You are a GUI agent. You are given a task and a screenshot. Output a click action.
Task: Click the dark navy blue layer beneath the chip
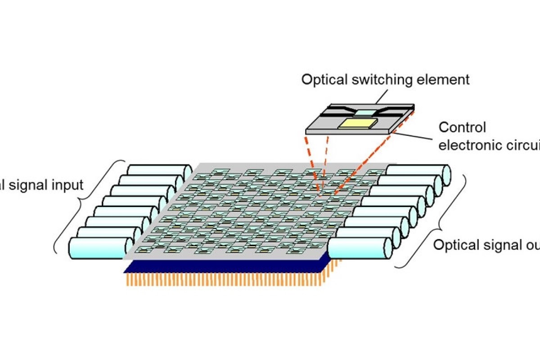(225, 266)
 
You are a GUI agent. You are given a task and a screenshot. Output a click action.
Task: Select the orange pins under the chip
(225, 280)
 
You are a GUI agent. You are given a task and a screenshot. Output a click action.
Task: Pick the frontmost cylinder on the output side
(360, 248)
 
